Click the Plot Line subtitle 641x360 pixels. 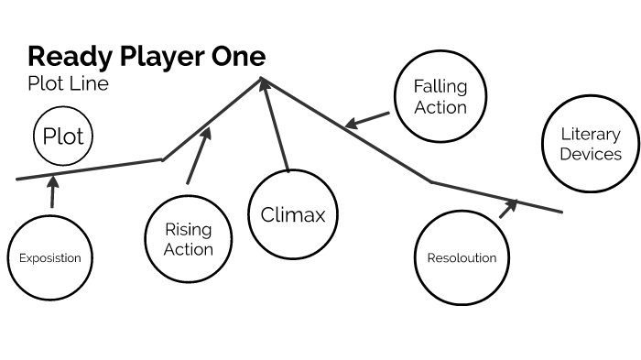(x=68, y=84)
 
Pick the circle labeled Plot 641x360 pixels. (x=63, y=137)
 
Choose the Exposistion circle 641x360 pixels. (x=50, y=257)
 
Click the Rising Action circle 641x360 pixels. (x=189, y=239)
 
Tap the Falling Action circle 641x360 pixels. (x=440, y=96)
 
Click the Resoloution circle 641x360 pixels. (x=462, y=257)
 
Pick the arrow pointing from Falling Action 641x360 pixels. (x=366, y=120)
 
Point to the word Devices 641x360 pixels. (x=591, y=154)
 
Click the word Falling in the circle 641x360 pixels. (x=440, y=87)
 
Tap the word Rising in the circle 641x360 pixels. (x=189, y=230)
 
